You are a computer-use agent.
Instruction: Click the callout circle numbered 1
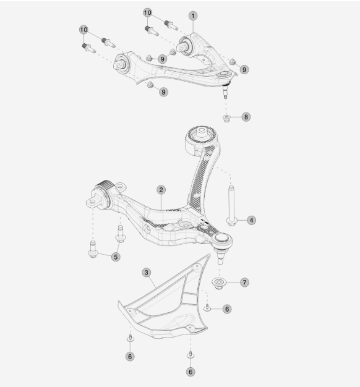click(193, 16)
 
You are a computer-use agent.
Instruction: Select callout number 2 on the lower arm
click(161, 190)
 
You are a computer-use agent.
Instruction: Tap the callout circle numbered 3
click(147, 273)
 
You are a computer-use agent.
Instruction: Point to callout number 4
click(251, 220)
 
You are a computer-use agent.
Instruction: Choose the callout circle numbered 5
click(116, 257)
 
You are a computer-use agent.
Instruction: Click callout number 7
click(244, 283)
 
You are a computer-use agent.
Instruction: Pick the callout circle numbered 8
click(246, 117)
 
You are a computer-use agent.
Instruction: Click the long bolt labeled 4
click(231, 206)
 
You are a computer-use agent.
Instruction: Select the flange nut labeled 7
click(219, 283)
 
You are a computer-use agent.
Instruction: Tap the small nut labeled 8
click(226, 118)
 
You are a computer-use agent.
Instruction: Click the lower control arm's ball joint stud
click(220, 257)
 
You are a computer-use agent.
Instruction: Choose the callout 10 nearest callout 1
click(147, 12)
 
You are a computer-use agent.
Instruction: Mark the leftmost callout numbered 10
click(84, 30)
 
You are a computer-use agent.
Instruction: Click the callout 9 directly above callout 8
click(244, 69)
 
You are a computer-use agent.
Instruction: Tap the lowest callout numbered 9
click(163, 92)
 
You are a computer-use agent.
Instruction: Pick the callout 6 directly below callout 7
click(227, 308)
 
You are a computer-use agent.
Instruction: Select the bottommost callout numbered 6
click(191, 372)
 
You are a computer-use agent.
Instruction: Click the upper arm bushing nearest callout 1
click(186, 46)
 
